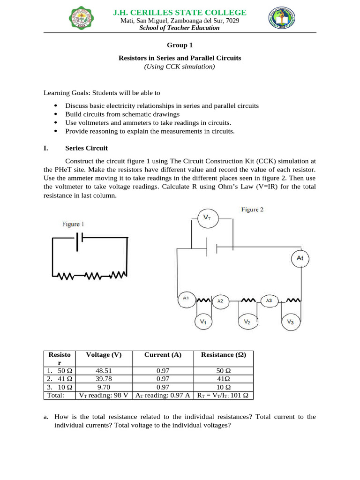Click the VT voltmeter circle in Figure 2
(x=207, y=217)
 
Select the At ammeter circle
(x=300, y=258)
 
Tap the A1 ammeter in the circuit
(x=186, y=299)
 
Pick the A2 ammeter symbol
(x=220, y=301)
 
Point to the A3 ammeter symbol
(x=269, y=300)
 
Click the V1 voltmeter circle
(x=203, y=322)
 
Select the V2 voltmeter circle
(x=247, y=322)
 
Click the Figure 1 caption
(x=73, y=225)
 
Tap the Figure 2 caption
(x=252, y=210)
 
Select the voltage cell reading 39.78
(x=104, y=378)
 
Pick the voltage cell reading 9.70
(x=104, y=387)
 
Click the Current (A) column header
(x=163, y=355)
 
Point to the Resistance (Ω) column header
(x=223, y=355)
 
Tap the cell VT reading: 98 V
(x=104, y=395)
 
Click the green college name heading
(x=180, y=12)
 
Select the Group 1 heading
(x=180, y=45)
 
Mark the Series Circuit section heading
(x=86, y=148)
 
